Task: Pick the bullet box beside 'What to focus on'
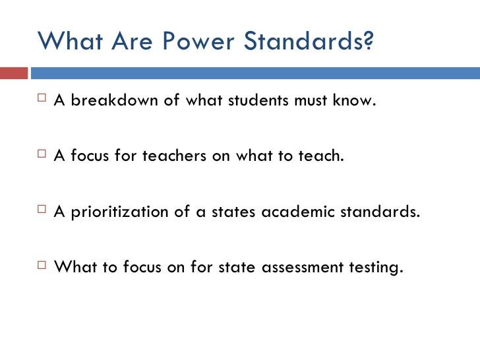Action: click(x=44, y=268)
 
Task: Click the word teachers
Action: click(x=173, y=158)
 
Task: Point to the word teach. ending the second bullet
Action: click(x=324, y=158)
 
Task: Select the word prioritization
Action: click(x=127, y=213)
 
